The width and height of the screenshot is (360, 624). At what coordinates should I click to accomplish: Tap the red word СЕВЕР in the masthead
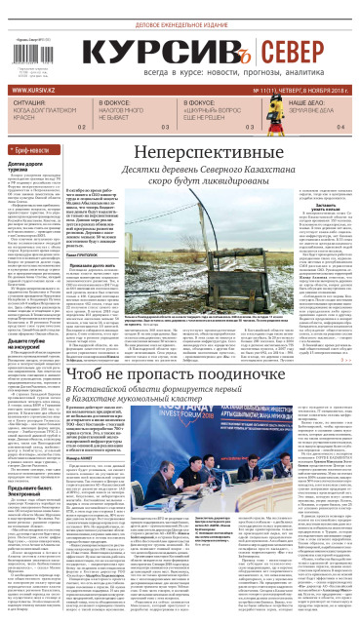pos(293,57)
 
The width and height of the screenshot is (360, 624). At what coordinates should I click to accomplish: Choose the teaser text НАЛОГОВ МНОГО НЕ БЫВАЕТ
pos(127,112)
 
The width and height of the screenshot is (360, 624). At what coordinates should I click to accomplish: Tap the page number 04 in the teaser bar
pos(340,127)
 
